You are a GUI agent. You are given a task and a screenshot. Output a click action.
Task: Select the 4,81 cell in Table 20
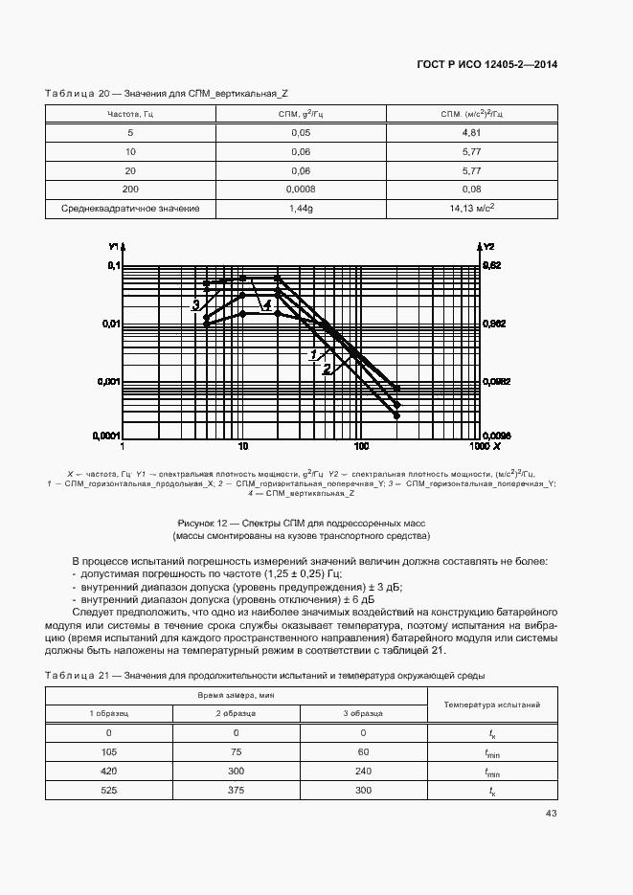pos(470,132)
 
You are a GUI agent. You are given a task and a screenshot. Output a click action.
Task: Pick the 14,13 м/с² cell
pos(471,208)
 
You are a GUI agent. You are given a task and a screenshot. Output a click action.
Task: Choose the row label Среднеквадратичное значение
pos(131,208)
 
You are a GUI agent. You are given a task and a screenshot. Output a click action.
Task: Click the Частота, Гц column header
pos(131,114)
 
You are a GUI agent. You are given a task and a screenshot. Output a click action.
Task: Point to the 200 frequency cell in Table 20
pos(131,189)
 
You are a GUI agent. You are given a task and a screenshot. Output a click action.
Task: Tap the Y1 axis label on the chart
pos(113,246)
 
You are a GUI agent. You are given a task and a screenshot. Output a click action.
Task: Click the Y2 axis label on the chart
pos(488,246)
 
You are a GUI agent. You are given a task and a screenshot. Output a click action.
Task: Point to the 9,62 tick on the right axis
pos(491,265)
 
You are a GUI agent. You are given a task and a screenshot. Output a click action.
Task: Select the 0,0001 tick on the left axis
pos(104,436)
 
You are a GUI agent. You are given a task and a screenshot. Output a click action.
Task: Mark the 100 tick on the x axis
pos(361,446)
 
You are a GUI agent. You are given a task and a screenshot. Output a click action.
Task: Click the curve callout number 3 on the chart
pos(195,305)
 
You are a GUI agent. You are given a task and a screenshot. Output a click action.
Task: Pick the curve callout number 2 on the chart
pos(327,368)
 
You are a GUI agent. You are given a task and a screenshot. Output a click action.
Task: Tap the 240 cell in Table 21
pos(363,771)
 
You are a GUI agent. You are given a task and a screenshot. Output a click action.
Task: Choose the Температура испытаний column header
pos(492,705)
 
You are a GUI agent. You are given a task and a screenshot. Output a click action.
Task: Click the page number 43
pos(551,814)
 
